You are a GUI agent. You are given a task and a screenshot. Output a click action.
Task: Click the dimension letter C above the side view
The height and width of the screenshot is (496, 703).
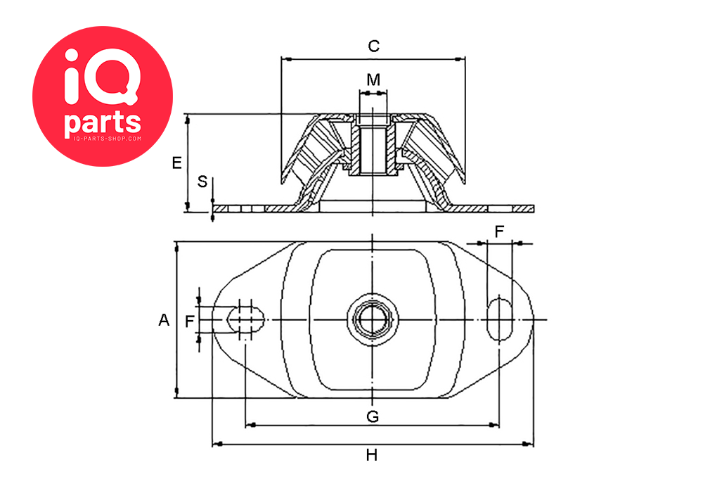click(374, 46)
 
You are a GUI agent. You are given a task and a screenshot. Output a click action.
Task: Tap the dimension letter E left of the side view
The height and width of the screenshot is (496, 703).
click(177, 163)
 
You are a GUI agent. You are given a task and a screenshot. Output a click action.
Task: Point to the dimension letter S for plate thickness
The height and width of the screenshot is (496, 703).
click(202, 182)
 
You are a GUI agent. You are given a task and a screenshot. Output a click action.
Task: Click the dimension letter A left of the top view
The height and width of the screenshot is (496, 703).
click(164, 320)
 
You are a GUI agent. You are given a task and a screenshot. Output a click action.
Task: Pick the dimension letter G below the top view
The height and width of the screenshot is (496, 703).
click(373, 416)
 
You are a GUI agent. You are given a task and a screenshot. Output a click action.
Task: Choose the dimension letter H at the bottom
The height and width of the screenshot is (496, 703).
click(372, 455)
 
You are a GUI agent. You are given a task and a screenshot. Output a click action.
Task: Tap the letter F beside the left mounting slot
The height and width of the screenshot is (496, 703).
click(189, 322)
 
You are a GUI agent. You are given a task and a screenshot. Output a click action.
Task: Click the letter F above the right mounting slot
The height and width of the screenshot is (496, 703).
click(499, 231)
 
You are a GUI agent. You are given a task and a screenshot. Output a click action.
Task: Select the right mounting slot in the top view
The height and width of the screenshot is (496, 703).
click(500, 320)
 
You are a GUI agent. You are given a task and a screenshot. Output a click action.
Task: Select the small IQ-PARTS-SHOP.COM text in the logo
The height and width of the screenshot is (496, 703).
click(103, 139)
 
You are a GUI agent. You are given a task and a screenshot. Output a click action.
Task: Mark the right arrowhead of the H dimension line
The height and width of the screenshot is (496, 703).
click(528, 445)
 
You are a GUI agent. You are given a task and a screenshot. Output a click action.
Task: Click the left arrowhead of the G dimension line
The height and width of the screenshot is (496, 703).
click(250, 425)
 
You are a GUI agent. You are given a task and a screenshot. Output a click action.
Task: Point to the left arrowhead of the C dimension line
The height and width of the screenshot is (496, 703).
click(285, 58)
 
